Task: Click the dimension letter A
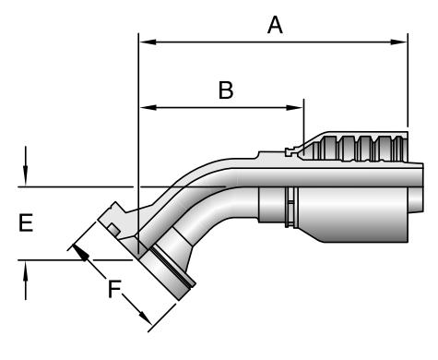pos(275,25)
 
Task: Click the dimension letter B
pos(226,90)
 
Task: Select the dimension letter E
pos(26,222)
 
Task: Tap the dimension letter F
pos(114,289)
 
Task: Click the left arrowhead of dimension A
pos(148,42)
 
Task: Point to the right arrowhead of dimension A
pos(398,42)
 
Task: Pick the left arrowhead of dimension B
pos(148,107)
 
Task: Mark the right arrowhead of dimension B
pos(294,107)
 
